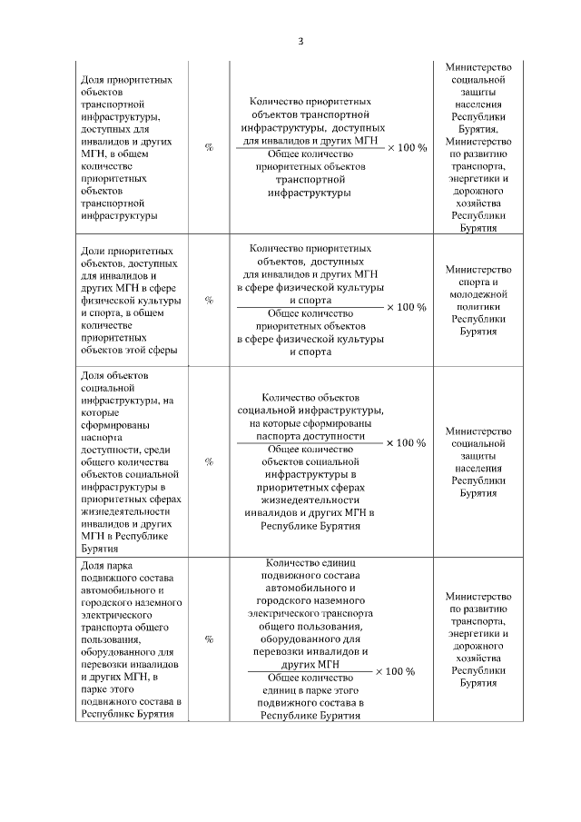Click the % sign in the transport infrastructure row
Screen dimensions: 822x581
click(x=209, y=147)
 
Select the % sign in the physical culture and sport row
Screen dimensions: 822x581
click(x=209, y=300)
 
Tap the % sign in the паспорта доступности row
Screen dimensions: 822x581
click(x=209, y=461)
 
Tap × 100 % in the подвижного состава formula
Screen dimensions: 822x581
click(x=395, y=671)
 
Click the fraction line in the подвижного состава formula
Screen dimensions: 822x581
click(x=310, y=672)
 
